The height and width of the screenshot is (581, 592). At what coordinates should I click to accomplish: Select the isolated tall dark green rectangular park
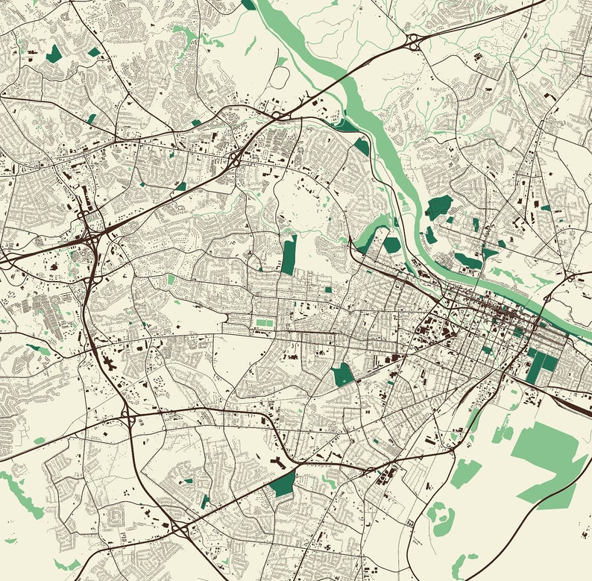[289, 254]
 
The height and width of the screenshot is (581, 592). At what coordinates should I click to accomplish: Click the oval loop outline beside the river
[280, 75]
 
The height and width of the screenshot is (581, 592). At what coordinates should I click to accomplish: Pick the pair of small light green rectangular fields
[262, 323]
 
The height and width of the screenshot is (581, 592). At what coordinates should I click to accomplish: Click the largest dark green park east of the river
[438, 207]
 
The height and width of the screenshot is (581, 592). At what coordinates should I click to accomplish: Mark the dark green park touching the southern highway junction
[283, 483]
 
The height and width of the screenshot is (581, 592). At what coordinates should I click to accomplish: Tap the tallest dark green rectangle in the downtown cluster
[536, 365]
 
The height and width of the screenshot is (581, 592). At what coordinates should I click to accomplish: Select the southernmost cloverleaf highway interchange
[181, 528]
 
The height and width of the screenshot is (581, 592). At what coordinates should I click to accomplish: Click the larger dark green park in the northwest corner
[54, 54]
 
